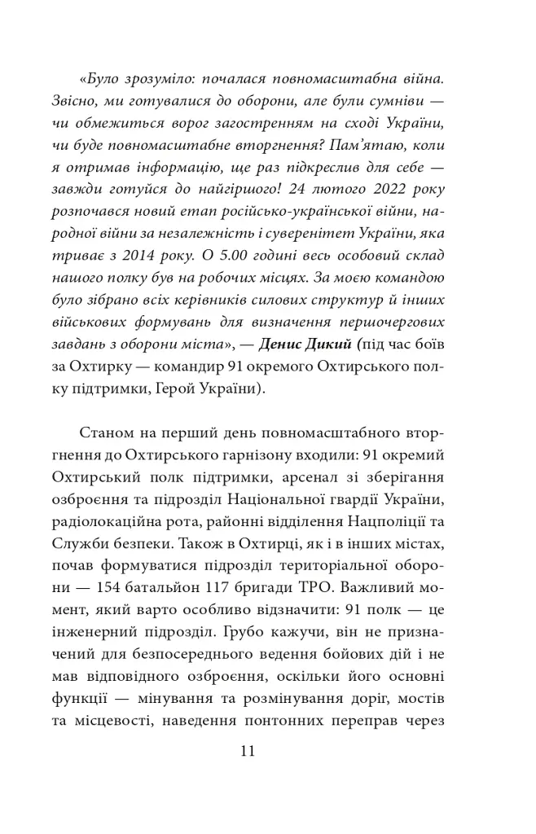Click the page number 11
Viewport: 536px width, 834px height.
tap(248, 751)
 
